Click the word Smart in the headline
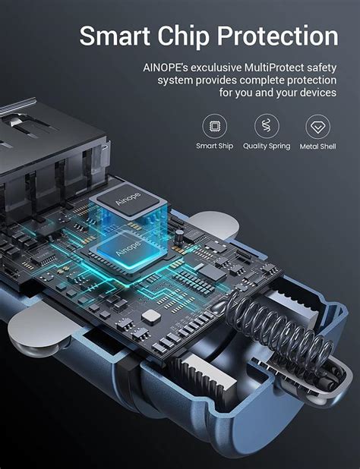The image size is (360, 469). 115,36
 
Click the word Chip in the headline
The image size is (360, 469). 184,36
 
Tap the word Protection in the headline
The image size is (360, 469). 277,36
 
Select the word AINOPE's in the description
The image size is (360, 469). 165,68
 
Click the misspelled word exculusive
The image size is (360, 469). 216,68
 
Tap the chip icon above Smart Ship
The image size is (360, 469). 214,126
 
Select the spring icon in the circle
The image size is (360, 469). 267,126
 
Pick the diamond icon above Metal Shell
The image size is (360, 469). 317,127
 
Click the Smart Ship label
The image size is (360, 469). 214,146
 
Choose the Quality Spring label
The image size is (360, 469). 267,146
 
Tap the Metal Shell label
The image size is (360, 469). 317,146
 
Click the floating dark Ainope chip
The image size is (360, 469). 128,199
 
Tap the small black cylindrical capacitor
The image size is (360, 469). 179,236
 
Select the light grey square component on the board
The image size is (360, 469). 151,316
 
